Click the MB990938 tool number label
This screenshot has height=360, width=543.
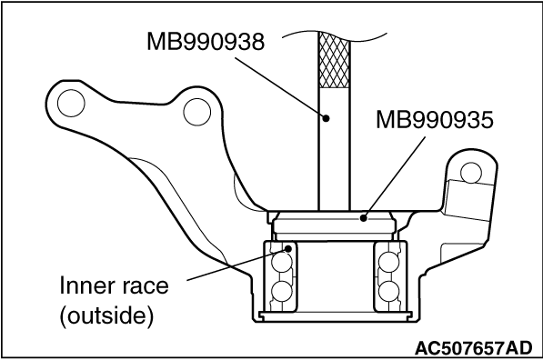pos(206,42)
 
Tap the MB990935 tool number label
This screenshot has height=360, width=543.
pos(435,120)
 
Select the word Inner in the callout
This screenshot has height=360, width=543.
pos(82,285)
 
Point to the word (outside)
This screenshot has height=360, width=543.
pos(106,315)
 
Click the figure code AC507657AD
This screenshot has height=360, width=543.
pos(473,348)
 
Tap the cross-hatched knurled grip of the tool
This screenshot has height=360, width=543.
pos(334,59)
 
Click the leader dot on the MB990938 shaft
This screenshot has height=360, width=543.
pos(326,118)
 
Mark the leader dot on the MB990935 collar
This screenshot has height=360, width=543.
pos(363,218)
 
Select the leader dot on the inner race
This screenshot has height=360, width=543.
pos(287,248)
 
